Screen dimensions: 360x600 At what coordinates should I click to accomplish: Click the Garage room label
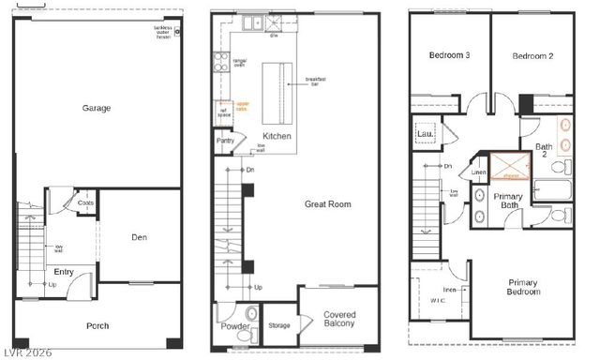[x=96, y=108]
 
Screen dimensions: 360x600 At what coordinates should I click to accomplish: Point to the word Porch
[x=97, y=326]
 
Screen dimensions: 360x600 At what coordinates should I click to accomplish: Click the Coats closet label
[x=85, y=202]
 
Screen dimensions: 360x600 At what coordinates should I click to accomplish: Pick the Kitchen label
[x=277, y=136]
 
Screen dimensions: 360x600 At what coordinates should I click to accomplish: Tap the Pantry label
[x=225, y=142]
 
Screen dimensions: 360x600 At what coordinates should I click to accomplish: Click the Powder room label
[x=234, y=326]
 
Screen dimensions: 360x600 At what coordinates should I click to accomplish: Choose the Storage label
[x=278, y=326]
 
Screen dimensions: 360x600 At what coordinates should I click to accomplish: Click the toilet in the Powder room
[x=249, y=313]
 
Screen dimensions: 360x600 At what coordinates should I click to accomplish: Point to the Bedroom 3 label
[x=449, y=56]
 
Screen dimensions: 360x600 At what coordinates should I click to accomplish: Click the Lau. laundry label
[x=424, y=134]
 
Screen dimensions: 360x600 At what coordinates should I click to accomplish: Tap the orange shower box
[x=510, y=167]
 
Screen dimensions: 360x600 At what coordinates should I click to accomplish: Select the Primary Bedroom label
[x=524, y=287]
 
